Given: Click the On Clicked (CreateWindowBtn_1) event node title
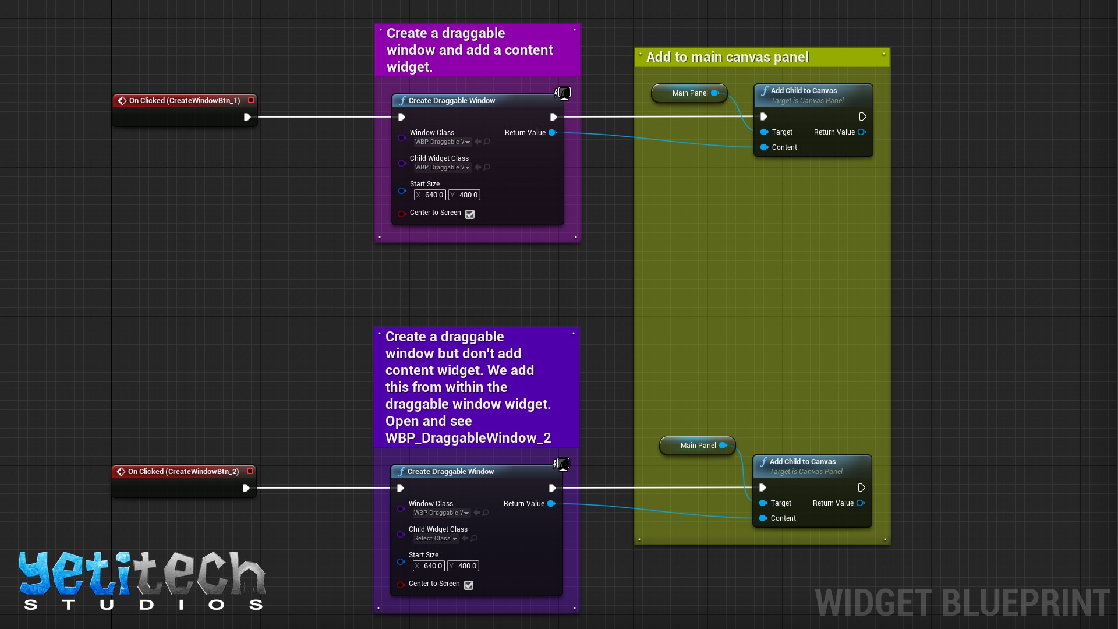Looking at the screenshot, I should pos(184,101).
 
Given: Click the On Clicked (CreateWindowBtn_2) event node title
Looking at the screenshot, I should pos(183,472).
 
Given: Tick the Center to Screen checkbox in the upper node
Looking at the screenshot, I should pos(470,214).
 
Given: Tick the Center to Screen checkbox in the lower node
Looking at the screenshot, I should pos(469,585).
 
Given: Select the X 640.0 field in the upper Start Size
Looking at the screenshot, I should pos(430,195).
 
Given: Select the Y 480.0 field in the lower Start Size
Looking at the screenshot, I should pos(464,566).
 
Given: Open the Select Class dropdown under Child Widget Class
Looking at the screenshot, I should pos(436,539).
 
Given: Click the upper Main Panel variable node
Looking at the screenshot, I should pos(689,93).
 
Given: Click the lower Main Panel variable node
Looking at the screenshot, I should pos(698,446).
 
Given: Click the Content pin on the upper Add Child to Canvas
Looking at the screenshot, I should pos(765,147).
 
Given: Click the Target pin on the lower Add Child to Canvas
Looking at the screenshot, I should pos(763,503).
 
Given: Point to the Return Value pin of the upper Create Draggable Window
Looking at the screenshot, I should pos(552,133).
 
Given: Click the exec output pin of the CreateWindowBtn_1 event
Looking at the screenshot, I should pos(247,117).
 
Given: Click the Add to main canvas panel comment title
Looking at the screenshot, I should pos(727,57).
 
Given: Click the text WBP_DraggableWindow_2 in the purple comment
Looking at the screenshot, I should pos(468,438).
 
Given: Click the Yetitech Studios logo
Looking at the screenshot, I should pos(142,579).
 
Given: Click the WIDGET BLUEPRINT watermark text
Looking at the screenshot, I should pos(962,602).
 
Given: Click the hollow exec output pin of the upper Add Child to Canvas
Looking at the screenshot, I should pos(862,117).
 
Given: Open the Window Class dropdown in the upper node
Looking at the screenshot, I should pos(443,142).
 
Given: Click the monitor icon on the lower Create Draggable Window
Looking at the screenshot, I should pos(562,464).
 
